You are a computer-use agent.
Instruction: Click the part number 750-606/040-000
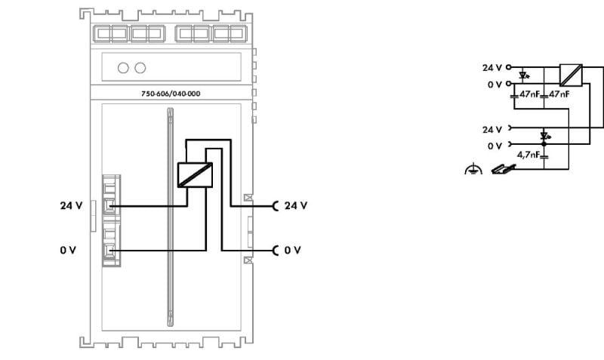pos(171,94)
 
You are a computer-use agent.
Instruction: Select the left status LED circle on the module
pos(123,68)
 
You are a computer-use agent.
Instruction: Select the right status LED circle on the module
pos(140,68)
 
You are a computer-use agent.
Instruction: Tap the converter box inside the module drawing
pos(195,175)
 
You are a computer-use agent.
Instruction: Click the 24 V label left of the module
pos(71,205)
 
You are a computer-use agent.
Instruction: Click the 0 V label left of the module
pos(68,251)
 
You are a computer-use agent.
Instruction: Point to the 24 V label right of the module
pos(296,205)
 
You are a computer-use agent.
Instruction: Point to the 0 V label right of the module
pos(292,251)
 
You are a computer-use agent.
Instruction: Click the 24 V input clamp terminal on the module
pos(109,206)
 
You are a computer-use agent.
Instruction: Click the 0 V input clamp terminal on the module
pos(109,251)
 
